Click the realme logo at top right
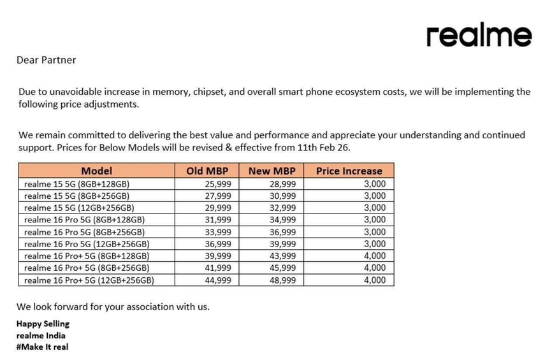(x=479, y=36)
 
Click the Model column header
(x=96, y=171)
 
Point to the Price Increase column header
(x=349, y=171)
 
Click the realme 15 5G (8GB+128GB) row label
(x=76, y=184)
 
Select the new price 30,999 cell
(x=282, y=196)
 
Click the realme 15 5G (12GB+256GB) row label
(x=79, y=208)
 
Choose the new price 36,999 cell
(x=282, y=232)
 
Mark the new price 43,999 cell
(x=282, y=256)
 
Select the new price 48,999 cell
(x=282, y=280)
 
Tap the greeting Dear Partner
(x=46, y=60)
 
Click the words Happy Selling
(x=43, y=324)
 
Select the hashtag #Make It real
(x=42, y=347)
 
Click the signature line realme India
(x=41, y=335)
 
